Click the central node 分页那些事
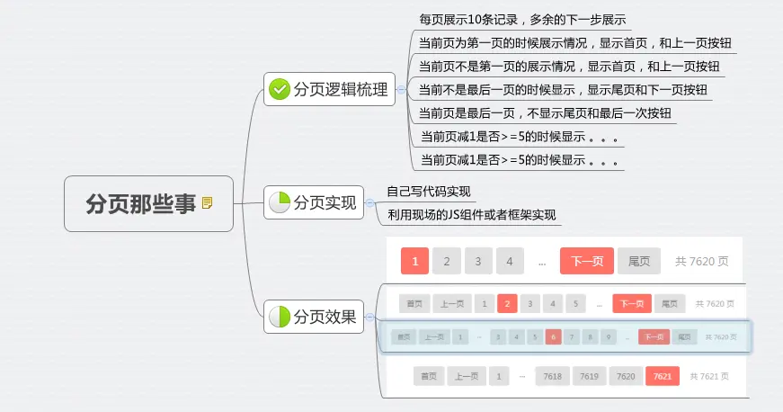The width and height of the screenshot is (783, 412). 140,204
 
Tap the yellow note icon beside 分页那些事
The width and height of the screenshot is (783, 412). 208,203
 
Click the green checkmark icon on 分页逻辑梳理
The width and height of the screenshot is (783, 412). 280,88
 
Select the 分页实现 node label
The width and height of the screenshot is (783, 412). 325,202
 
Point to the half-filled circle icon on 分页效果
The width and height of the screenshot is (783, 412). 280,317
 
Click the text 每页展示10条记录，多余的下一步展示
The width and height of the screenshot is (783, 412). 522,19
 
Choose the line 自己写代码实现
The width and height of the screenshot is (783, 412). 429,192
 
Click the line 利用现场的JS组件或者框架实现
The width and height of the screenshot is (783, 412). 471,215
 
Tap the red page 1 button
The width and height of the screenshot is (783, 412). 414,262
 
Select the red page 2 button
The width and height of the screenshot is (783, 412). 507,304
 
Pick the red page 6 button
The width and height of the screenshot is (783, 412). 553,337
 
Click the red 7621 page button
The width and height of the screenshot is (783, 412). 662,376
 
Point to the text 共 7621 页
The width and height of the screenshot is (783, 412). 709,376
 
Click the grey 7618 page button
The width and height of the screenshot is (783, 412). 552,376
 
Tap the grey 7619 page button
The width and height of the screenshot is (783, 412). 589,376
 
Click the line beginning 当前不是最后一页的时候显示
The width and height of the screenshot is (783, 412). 563,90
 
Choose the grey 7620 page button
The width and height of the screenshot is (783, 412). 626,376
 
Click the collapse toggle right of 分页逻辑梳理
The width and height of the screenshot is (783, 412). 401,89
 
